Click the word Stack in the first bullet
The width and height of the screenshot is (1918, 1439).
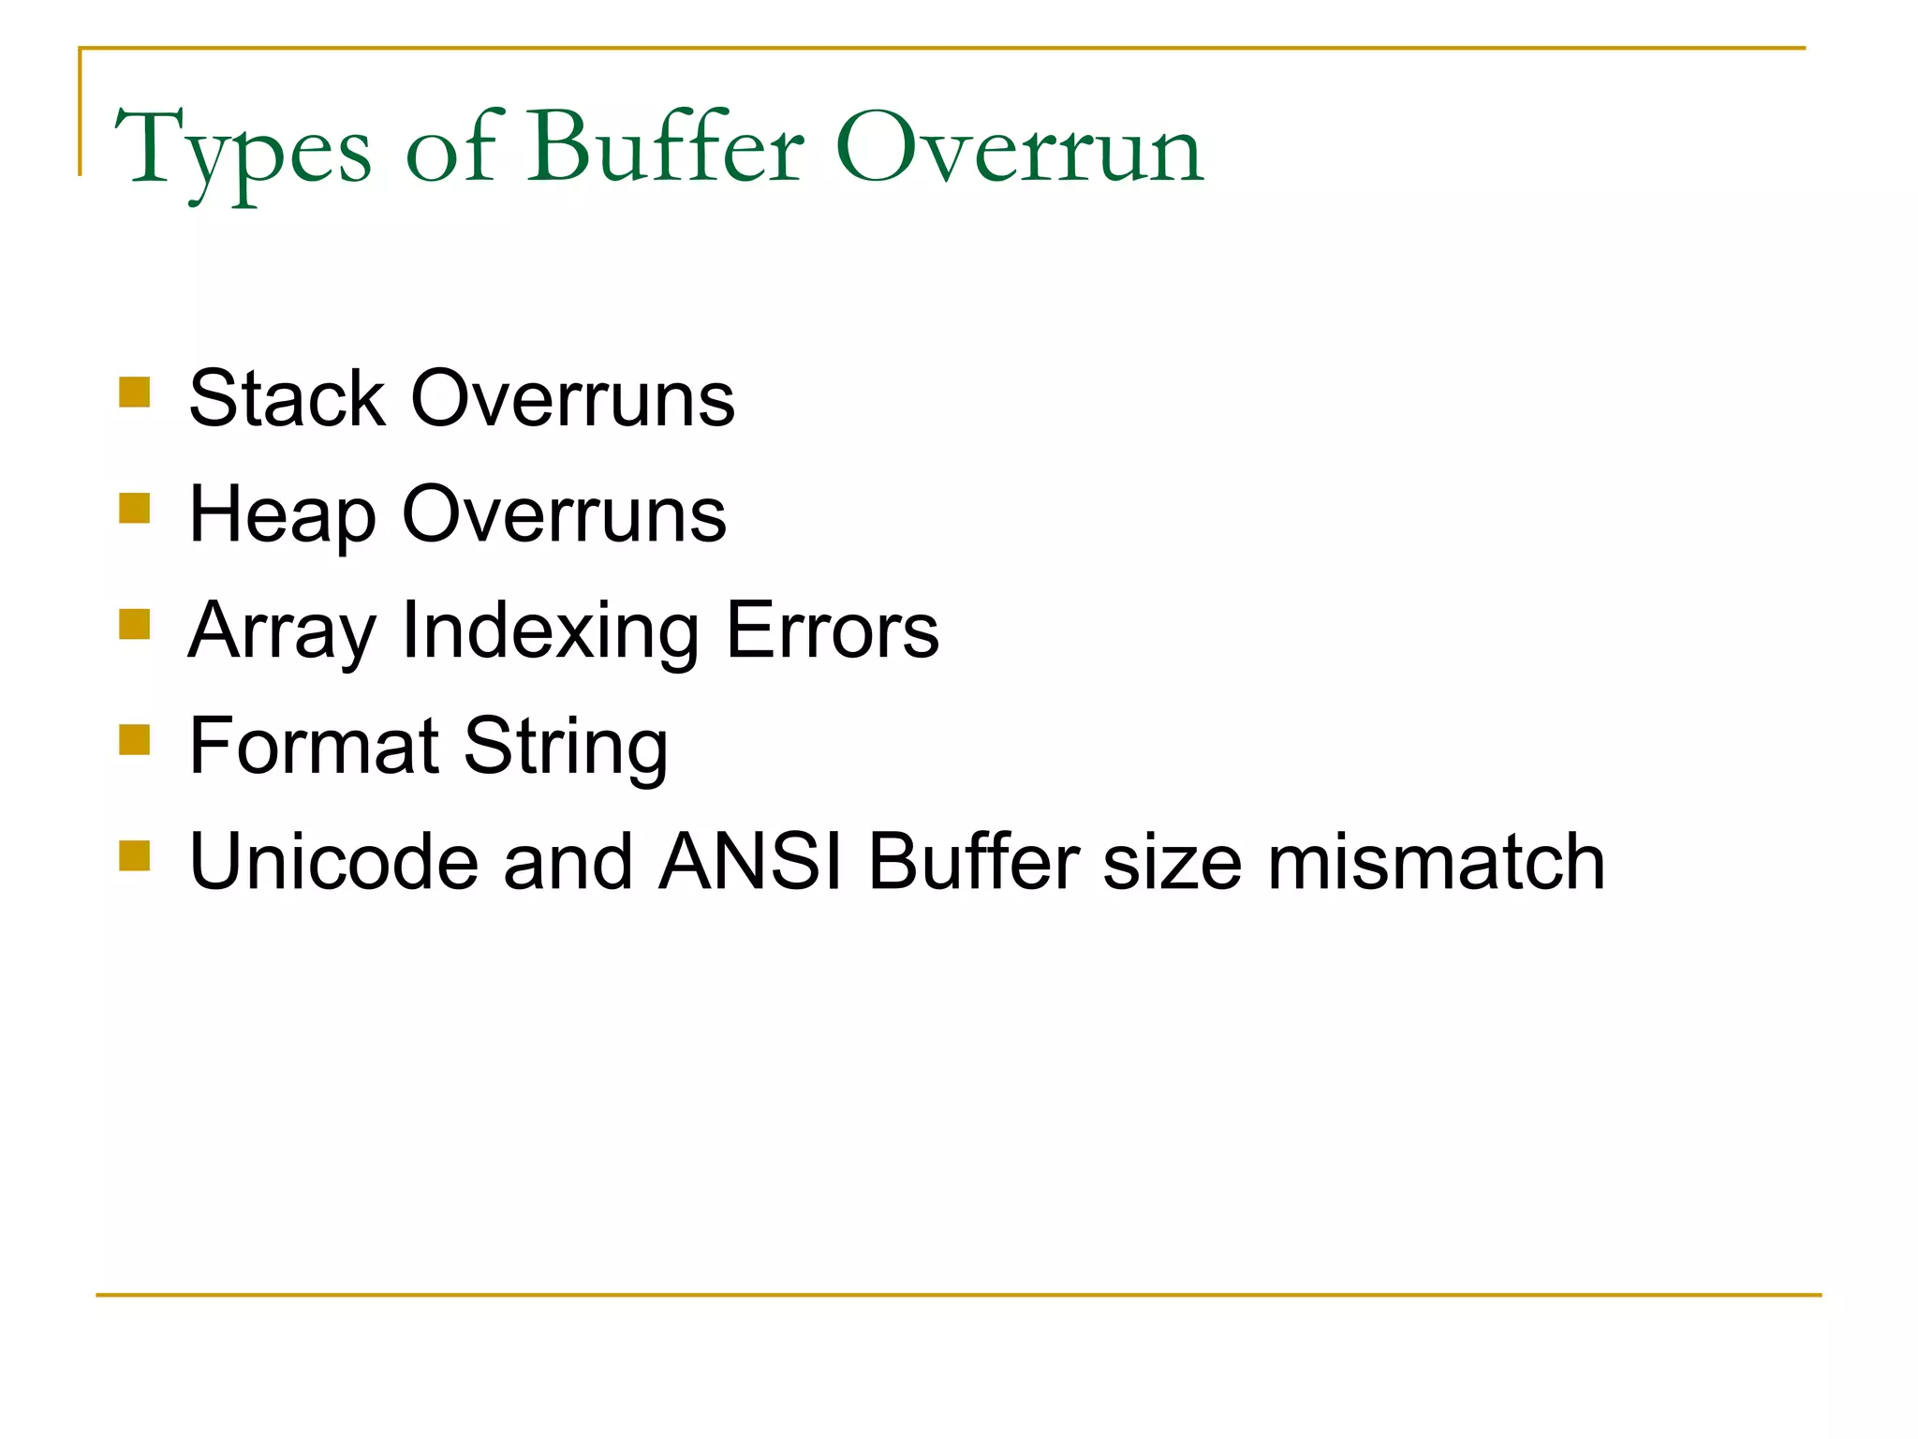click(288, 398)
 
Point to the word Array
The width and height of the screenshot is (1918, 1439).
click(282, 631)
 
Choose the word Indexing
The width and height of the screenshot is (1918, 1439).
click(550, 631)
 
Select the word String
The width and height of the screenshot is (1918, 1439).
click(566, 748)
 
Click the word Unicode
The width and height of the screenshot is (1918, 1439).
click(333, 861)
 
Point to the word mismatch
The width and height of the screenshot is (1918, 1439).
click(1436, 861)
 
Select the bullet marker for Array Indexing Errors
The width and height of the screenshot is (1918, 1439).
click(135, 624)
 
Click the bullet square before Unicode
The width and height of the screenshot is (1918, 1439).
click(135, 855)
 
